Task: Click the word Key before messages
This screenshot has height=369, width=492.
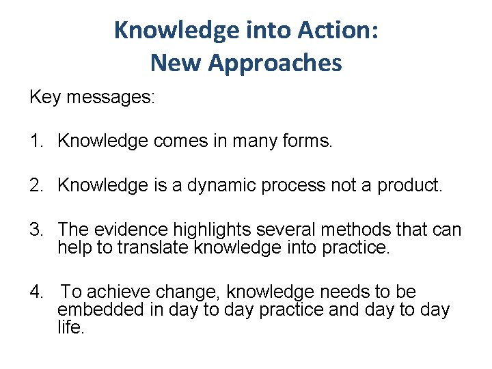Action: click(x=45, y=97)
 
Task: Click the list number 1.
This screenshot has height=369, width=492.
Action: click(x=36, y=141)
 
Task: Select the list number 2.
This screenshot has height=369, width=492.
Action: click(x=36, y=185)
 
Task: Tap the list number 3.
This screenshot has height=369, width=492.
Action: click(x=36, y=229)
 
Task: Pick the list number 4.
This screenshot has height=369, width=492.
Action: click(x=36, y=292)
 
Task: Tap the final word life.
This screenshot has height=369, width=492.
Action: click(x=70, y=327)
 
